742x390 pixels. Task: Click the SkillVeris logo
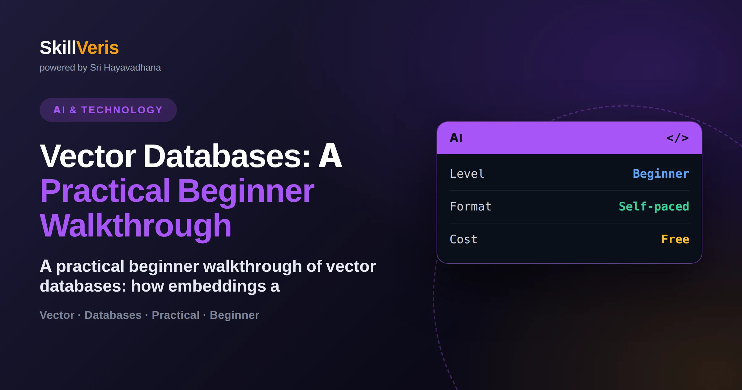[79, 48]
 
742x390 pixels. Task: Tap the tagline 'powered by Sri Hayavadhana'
[100, 67]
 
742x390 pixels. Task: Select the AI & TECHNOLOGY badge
[108, 110]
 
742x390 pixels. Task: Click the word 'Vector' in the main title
[88, 156]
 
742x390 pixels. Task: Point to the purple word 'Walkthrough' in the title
[136, 226]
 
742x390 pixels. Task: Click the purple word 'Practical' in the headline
[105, 191]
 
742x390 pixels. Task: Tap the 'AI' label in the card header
[456, 138]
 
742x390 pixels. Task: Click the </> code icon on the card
[677, 138]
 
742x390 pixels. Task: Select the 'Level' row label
[467, 174]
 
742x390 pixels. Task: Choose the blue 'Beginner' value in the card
[661, 174]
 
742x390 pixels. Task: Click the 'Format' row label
[471, 206]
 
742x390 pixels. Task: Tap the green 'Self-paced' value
[654, 206]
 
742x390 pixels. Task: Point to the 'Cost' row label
[463, 239]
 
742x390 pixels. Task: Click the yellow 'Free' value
[675, 239]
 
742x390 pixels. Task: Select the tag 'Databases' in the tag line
[113, 315]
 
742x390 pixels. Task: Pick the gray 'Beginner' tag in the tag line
[234, 315]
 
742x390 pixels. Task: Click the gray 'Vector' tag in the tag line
[57, 315]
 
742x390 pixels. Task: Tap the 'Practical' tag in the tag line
[176, 315]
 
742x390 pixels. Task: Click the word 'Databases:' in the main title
[227, 156]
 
